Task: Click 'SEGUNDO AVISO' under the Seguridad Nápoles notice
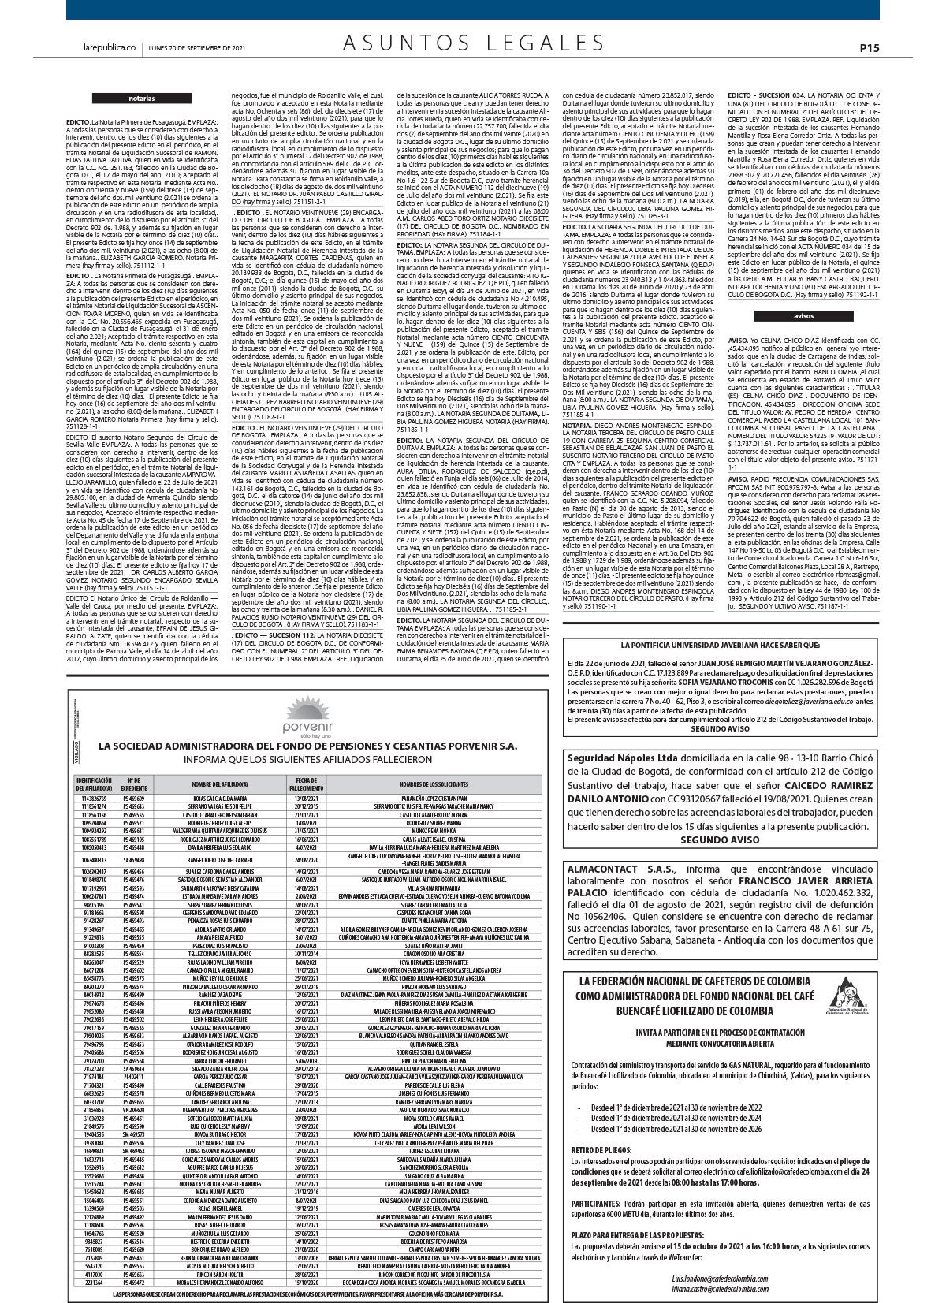click(720, 840)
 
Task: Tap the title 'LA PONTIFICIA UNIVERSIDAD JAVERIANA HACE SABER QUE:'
click(720, 644)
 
